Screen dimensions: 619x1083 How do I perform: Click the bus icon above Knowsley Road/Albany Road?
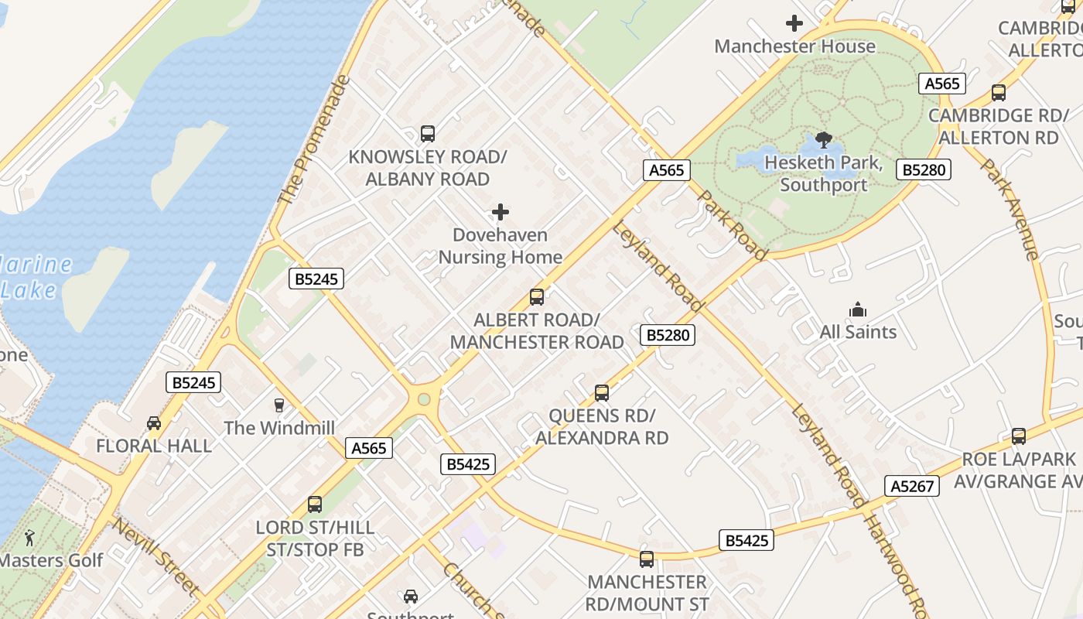[428, 134]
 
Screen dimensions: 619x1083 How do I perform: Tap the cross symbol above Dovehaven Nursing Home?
[501, 212]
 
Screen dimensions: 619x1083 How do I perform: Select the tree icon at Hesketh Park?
[824, 140]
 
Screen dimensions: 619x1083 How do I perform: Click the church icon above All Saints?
[858, 310]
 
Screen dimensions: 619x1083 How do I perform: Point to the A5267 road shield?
[912, 486]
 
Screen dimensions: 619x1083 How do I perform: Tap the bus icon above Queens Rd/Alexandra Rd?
[602, 393]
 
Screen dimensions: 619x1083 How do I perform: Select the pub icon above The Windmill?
[279, 405]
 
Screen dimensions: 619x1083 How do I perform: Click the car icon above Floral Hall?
[154, 423]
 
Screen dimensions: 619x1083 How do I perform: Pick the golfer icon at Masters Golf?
[29, 538]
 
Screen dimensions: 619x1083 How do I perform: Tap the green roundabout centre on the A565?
[423, 400]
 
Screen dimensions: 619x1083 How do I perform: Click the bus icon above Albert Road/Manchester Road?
[537, 297]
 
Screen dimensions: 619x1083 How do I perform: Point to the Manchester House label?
[794, 46]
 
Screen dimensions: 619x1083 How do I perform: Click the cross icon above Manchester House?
[794, 23]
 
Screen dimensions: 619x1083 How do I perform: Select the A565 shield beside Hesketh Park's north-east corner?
[942, 84]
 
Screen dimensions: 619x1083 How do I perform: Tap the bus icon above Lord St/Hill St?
[315, 504]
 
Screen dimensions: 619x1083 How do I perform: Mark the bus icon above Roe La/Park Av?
[1019, 436]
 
